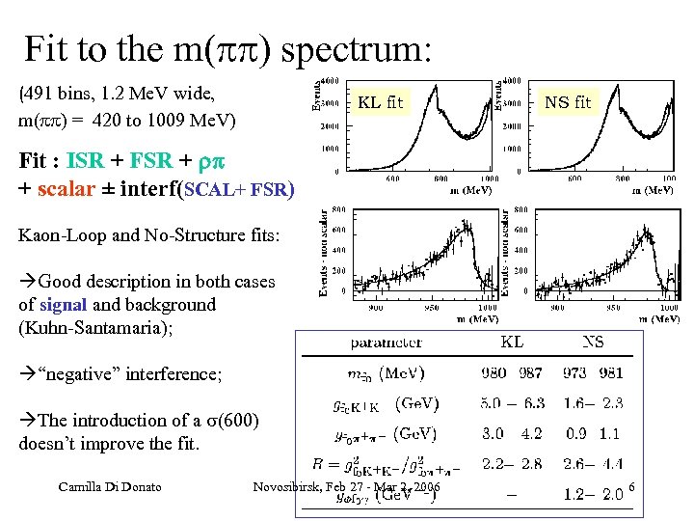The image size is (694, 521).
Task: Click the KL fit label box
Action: (381, 101)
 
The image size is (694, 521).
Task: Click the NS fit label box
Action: (568, 101)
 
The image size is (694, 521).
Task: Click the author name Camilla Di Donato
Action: (107, 486)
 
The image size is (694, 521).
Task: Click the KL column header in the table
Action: (512, 343)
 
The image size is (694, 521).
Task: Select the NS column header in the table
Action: (593, 343)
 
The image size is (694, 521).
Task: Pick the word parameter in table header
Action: (386, 343)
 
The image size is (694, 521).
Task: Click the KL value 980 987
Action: (512, 373)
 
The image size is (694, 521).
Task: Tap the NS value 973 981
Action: (593, 373)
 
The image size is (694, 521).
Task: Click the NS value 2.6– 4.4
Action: (593, 464)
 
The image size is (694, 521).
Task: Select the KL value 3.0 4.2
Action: (512, 434)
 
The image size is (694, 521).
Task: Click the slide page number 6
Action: (631, 489)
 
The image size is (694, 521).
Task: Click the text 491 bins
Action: (65, 95)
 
